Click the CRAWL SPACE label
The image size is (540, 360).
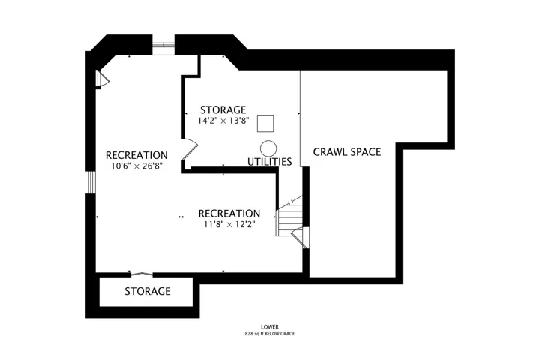coord(347,152)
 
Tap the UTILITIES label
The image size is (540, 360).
coord(270,161)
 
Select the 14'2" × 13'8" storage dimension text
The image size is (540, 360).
coord(223,121)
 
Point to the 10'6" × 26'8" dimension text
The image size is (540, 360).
coord(136,166)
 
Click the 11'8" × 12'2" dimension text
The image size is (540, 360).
coord(229,224)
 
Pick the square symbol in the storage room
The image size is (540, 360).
coord(265,124)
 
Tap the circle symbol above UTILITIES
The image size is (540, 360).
coord(268,148)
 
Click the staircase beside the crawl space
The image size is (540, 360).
coord(289,216)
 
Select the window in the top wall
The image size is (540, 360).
coord(163,44)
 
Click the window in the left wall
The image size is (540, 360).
coord(91,182)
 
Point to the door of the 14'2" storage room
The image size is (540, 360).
coord(190,149)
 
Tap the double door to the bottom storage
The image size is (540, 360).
coord(142,274)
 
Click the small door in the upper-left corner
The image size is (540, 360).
coord(102,79)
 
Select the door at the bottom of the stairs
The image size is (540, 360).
coord(300,238)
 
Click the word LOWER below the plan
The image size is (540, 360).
coord(270,326)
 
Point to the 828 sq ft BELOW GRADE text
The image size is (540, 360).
coord(270,334)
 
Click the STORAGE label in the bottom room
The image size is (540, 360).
coord(148,291)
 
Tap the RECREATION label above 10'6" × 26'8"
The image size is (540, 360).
coord(136,155)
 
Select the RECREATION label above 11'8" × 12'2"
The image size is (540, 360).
coord(229,214)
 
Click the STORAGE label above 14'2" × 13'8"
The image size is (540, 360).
coord(223,110)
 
